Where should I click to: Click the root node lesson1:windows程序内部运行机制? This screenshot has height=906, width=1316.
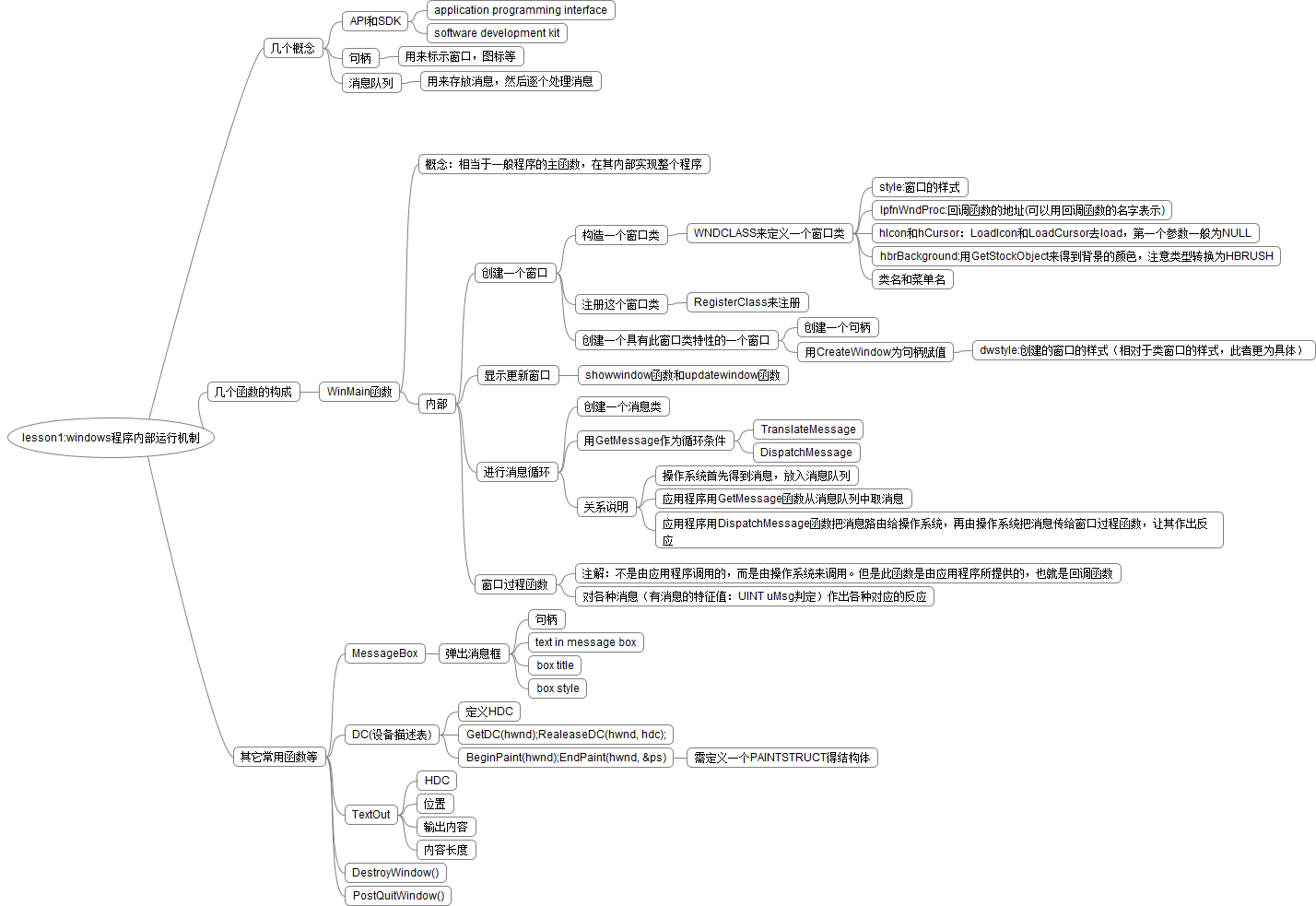click(111, 438)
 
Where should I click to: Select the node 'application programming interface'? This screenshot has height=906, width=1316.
click(521, 10)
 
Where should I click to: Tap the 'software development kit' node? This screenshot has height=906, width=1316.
click(497, 33)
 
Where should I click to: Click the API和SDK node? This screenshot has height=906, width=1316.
click(375, 21)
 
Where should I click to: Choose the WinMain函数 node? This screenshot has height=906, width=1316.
click(359, 392)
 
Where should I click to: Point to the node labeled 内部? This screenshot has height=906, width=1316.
click(437, 404)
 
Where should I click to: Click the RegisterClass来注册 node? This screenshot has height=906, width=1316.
click(747, 302)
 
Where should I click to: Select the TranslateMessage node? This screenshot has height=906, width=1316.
click(808, 429)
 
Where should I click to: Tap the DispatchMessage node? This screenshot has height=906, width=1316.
click(806, 453)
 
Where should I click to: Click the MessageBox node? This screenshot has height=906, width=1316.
click(385, 653)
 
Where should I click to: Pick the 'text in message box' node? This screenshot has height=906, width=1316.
click(586, 642)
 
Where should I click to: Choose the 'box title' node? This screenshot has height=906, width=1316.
click(556, 665)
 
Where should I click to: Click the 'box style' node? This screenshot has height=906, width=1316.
click(558, 688)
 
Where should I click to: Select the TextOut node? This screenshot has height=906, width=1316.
click(371, 815)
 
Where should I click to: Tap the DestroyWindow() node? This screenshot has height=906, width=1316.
click(395, 873)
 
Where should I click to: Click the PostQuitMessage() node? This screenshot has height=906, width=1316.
click(398, 896)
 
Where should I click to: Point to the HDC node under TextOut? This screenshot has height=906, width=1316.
click(437, 781)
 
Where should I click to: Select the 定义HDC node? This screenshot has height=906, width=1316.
click(489, 712)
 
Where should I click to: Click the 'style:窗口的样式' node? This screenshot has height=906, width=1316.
click(920, 187)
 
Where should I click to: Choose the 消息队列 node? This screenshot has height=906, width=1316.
click(371, 83)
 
